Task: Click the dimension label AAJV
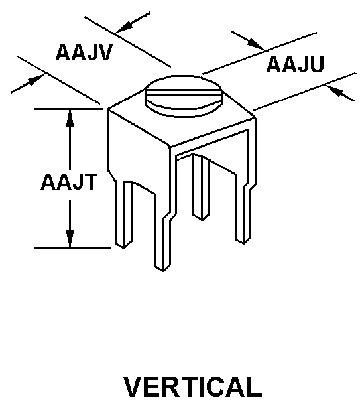(84, 52)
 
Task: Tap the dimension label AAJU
(295, 64)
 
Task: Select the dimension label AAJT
(69, 182)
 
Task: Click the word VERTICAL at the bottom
(193, 387)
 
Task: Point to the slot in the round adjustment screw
(184, 92)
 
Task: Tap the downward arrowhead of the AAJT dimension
(70, 239)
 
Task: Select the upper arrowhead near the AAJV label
(123, 27)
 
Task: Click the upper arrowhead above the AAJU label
(255, 43)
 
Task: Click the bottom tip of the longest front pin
(162, 271)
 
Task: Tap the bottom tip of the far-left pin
(124, 248)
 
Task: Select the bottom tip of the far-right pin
(244, 244)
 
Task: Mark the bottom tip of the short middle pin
(202, 220)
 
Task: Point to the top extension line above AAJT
(68, 109)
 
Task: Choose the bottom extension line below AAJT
(72, 247)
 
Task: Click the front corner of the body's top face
(170, 147)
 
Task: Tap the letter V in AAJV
(105, 52)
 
